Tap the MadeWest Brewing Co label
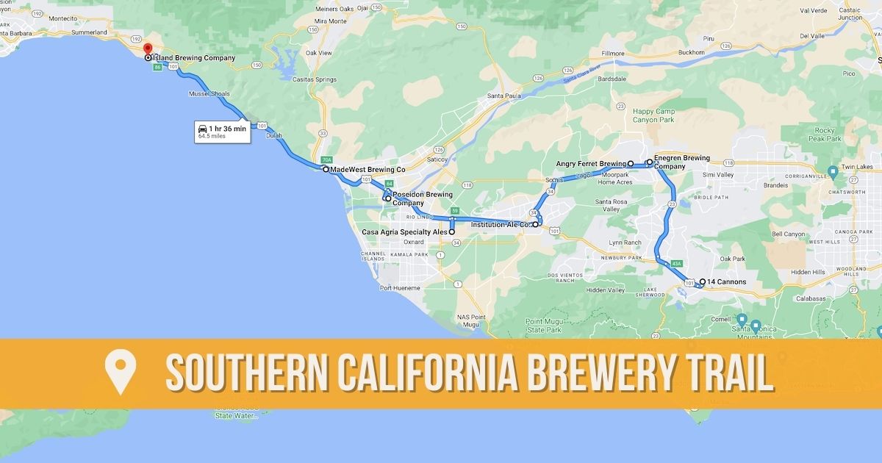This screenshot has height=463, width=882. (x=367, y=169)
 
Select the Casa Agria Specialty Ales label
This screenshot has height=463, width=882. (x=405, y=232)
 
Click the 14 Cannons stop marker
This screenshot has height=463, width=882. (x=703, y=281)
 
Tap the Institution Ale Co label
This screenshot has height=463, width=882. (x=501, y=224)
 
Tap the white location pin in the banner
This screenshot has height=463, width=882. (x=118, y=372)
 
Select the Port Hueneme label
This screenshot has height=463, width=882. (x=400, y=287)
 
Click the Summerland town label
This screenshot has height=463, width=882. (x=90, y=32)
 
